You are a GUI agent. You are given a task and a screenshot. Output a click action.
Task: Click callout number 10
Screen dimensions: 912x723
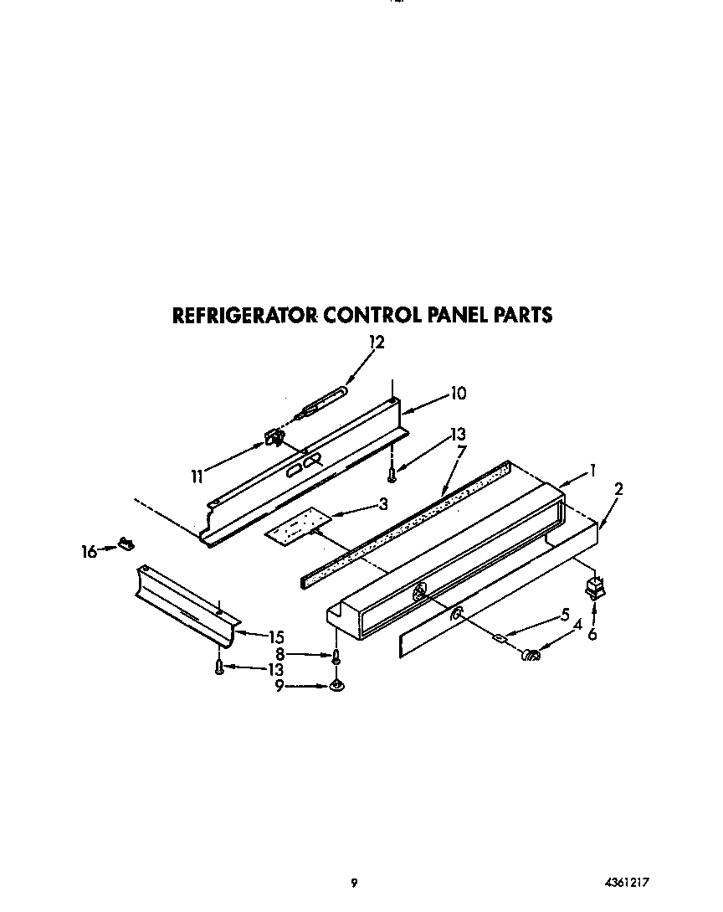[x=458, y=393]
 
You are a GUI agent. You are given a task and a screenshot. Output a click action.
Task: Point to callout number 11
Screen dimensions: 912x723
[x=197, y=477]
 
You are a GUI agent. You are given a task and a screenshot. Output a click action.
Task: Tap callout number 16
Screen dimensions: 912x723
[x=89, y=551]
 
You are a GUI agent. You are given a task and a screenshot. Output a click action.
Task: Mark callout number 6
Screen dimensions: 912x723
[x=592, y=634]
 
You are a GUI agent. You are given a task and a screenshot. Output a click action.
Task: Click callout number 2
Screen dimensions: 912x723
[x=618, y=489]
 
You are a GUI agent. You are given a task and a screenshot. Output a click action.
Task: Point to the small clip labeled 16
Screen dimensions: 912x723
[x=126, y=544]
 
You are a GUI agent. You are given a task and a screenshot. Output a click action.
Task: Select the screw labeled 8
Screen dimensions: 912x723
[x=336, y=657]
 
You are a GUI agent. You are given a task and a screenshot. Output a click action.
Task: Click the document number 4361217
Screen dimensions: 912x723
[x=627, y=882]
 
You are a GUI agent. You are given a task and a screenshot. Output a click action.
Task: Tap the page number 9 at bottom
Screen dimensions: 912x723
[x=355, y=882]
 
